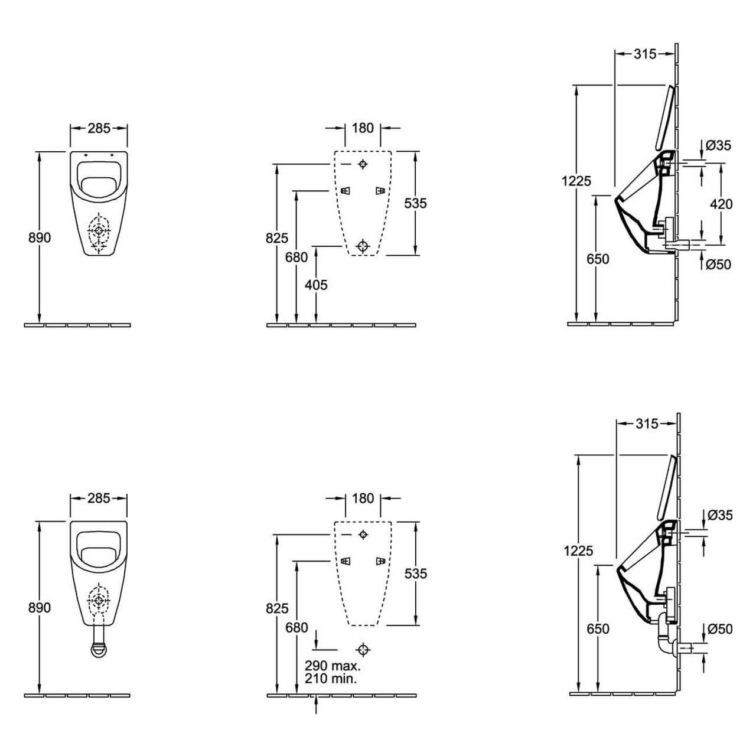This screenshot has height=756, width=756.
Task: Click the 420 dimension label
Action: point(721,204)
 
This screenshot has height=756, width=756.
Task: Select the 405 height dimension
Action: point(316,285)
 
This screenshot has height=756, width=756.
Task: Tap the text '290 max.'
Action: point(333,666)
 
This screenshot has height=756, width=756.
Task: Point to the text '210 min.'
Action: point(331,679)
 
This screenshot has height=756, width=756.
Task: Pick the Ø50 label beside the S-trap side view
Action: point(719,630)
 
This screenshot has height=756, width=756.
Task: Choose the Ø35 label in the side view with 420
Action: point(719,145)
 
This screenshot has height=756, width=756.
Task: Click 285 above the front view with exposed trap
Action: point(99,498)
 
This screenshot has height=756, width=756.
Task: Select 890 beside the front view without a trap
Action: point(40,237)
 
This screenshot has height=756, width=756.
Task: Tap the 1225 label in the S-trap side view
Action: point(578,550)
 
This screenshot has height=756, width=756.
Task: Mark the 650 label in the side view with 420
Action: point(598,259)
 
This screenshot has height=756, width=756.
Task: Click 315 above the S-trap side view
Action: point(646,423)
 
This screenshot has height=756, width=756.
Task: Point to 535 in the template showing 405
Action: point(415,203)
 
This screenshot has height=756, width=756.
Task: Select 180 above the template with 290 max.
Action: point(363,498)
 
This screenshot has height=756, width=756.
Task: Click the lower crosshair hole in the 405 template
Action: point(363,245)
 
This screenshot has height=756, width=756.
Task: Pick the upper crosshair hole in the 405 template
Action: point(363,164)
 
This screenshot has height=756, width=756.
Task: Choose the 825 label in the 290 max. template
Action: point(277,608)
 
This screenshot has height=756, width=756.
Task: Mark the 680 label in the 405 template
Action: point(296,257)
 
